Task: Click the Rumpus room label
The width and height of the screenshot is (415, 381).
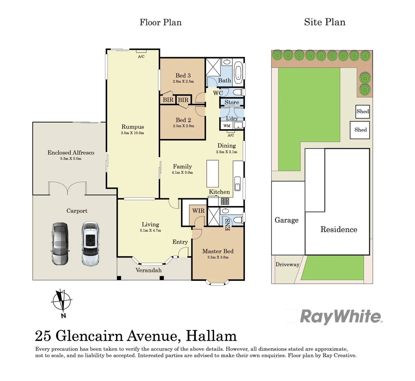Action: (x=133, y=127)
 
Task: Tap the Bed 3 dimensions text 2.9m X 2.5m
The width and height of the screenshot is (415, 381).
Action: (x=183, y=81)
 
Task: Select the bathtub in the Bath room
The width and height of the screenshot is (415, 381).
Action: (x=239, y=72)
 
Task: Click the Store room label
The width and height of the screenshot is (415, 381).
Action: (x=232, y=102)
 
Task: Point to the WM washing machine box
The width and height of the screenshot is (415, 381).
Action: (x=227, y=126)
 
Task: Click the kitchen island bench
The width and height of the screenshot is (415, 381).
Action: (x=213, y=173)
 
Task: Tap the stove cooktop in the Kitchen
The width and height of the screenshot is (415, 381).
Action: (x=225, y=201)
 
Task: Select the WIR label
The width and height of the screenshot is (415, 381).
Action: (x=198, y=211)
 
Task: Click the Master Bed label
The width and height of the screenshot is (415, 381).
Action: (x=218, y=251)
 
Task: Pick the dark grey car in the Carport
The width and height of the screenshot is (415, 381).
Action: (x=60, y=243)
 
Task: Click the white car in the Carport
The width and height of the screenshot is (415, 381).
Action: (x=90, y=243)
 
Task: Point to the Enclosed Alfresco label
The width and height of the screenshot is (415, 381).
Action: (x=71, y=152)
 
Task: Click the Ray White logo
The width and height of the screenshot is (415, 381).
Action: (x=341, y=316)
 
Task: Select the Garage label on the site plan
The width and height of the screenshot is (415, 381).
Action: (x=286, y=220)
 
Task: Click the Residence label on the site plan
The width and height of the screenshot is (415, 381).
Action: (x=338, y=229)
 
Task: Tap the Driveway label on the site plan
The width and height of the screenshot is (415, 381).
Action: (x=287, y=264)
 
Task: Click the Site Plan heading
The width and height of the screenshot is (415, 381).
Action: (x=324, y=22)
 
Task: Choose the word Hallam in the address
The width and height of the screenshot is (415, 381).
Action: (x=211, y=335)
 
